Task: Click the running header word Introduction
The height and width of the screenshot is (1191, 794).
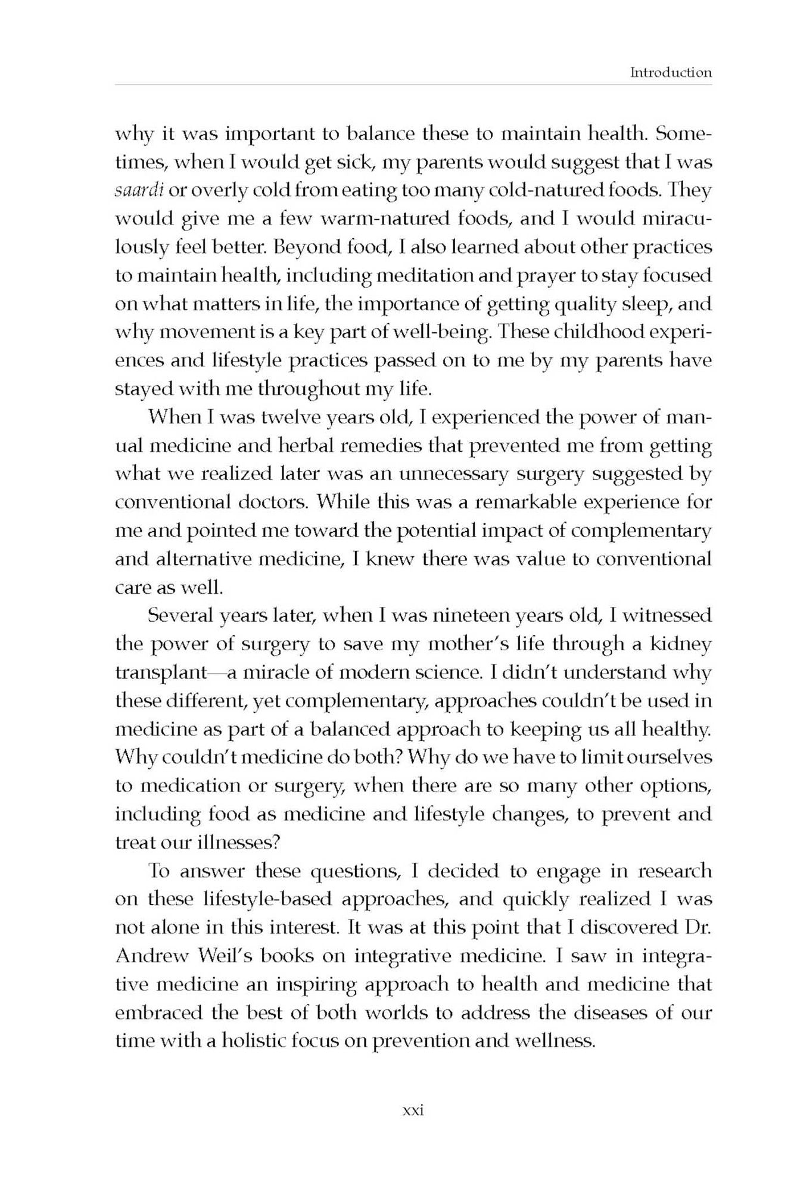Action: (671, 73)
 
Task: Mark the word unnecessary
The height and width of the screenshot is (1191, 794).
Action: (454, 475)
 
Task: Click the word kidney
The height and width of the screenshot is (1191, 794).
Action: (681, 644)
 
